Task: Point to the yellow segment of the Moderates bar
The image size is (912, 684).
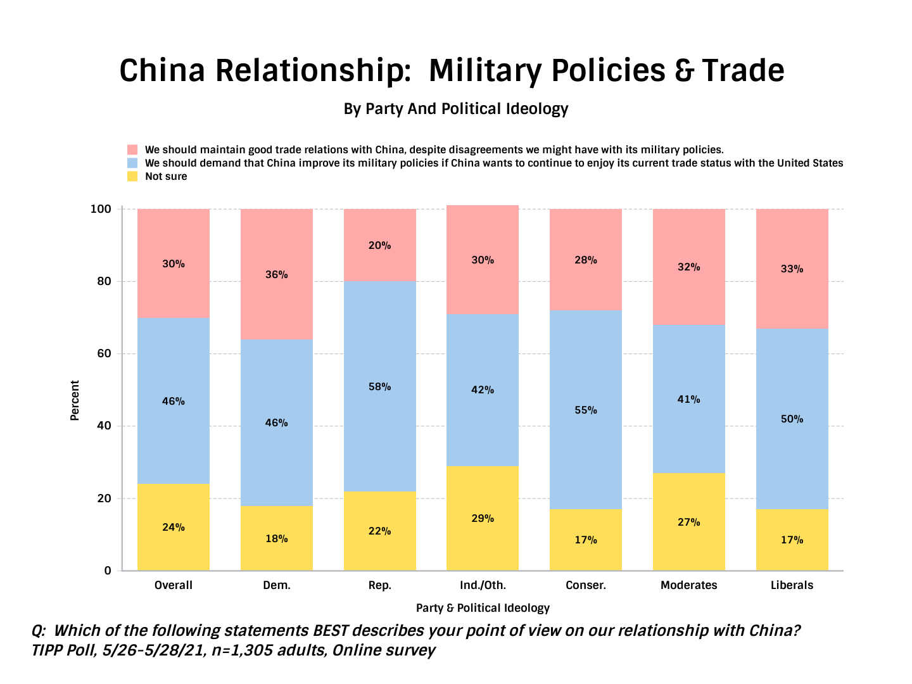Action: coord(689,545)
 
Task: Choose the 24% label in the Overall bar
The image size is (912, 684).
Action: coord(174,528)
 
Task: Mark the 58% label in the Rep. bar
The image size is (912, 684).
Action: coord(379,387)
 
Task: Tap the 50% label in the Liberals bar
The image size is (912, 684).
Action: coord(792,419)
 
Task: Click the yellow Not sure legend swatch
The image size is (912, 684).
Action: coord(132,176)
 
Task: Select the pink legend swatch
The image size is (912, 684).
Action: coord(132,149)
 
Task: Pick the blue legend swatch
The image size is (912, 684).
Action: coord(132,163)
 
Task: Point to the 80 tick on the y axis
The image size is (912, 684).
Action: coord(103,281)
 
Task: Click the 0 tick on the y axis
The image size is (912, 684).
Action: coord(108,571)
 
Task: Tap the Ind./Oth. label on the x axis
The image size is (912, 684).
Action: coord(483,585)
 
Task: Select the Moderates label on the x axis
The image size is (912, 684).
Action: coord(689,585)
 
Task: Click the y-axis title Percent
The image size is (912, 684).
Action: coord(75,400)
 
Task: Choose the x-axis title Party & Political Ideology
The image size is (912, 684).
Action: coord(483,608)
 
